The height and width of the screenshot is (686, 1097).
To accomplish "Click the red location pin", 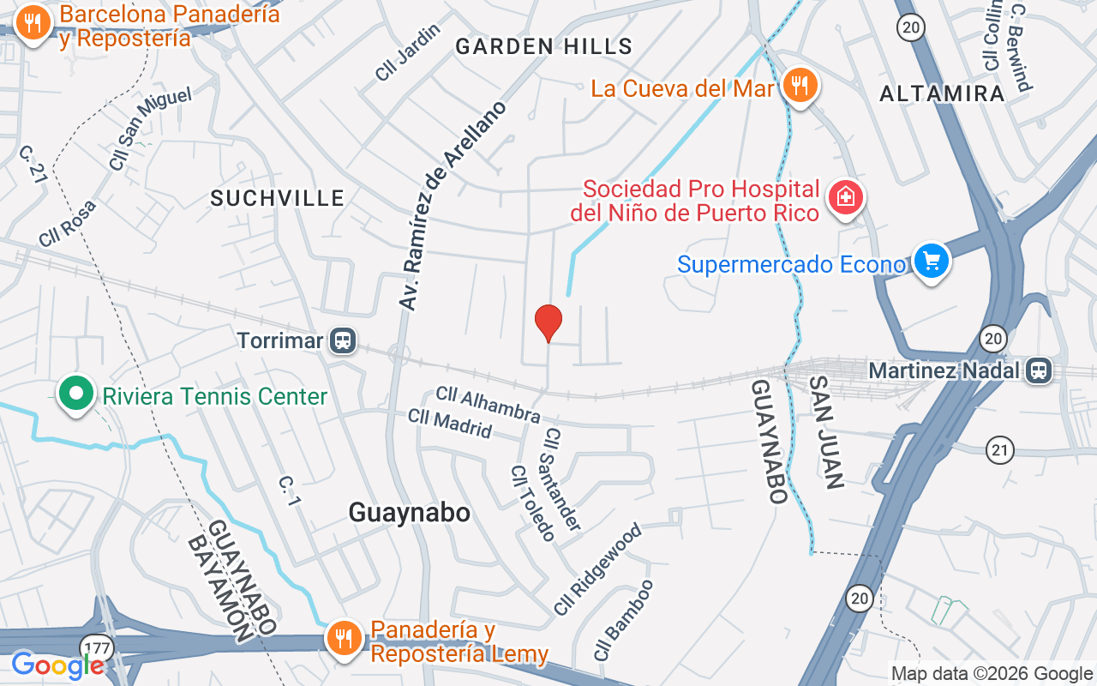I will pos(548,322).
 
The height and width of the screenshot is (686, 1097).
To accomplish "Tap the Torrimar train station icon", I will pos(344,340).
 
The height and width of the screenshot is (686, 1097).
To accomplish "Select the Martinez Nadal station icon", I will pos(1039,370).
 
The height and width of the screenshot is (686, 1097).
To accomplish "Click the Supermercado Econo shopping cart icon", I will pos(931,259).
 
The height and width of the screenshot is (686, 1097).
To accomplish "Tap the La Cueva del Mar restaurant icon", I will pos(800,86).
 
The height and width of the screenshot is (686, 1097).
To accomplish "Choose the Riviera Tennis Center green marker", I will pos(76,394).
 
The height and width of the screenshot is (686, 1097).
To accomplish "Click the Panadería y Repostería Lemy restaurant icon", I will pos(344,638).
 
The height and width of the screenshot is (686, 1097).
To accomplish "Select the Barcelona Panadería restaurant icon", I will pos(33,22).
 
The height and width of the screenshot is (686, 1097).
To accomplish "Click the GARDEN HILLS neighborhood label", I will pos(543,46).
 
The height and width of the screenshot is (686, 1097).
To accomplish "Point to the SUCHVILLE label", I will pos(278,198).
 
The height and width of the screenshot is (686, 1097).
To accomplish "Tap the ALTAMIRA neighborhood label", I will pos(942,93).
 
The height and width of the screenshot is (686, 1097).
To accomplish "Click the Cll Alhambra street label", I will pos(489,405).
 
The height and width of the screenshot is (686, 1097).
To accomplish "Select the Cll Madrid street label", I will pos(450,424).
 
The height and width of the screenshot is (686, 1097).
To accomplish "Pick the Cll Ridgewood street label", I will pos(597,569).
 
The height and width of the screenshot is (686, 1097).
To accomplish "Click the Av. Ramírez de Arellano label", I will pos(452,206).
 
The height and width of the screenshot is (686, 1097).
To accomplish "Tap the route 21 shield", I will pos(1000,448).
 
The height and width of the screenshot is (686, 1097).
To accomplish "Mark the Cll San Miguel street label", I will pos(150,127).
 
